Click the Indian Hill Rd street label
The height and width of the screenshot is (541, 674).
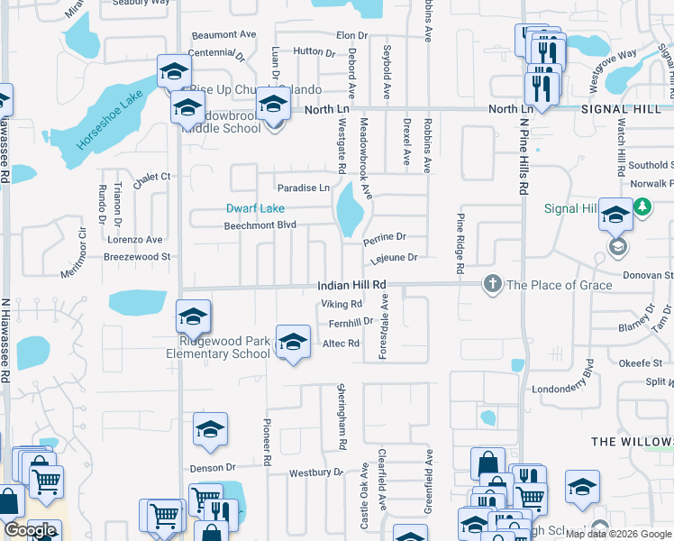(x=351, y=285)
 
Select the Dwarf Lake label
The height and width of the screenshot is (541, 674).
(x=249, y=208)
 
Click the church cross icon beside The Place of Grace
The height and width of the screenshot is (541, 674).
(x=492, y=284)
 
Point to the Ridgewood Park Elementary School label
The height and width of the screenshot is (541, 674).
(x=218, y=348)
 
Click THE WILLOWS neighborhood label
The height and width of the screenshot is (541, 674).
(x=632, y=442)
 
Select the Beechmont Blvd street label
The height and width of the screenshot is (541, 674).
(x=260, y=225)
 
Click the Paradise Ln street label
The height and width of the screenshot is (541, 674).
(x=303, y=188)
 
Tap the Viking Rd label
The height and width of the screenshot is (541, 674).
(x=342, y=305)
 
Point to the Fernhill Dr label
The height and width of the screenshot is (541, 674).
(x=351, y=322)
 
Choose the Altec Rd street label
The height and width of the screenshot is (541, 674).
(x=341, y=344)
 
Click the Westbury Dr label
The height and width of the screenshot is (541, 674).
(x=317, y=472)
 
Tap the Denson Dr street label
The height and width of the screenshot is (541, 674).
(x=212, y=468)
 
